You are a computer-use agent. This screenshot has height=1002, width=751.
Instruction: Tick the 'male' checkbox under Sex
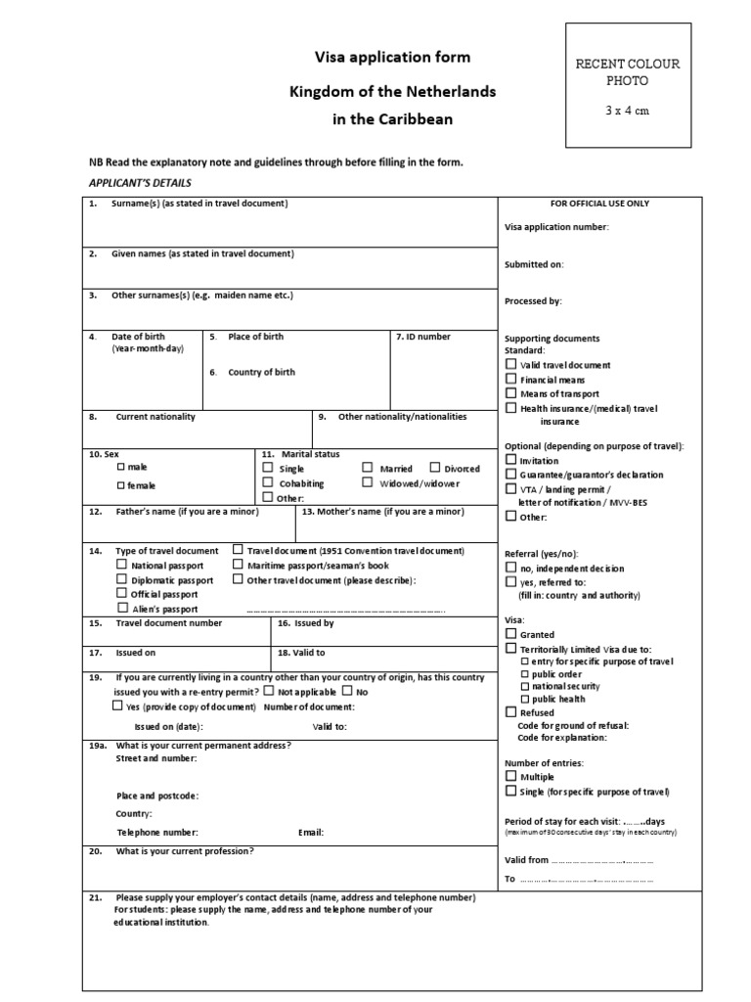(x=121, y=468)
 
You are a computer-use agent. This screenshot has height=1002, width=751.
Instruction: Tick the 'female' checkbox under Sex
(x=121, y=485)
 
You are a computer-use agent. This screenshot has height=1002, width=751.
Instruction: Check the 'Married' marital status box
(x=368, y=469)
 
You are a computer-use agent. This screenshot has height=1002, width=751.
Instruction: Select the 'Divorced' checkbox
(x=435, y=469)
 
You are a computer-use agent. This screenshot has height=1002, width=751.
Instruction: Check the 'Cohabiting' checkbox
(x=268, y=482)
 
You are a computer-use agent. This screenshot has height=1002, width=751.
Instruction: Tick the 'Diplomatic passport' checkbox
(x=121, y=579)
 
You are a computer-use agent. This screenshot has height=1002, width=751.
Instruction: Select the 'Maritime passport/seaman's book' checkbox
(x=239, y=565)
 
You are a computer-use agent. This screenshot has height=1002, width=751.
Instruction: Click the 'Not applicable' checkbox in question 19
(x=269, y=691)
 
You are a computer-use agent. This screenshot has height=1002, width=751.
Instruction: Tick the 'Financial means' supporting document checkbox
(x=510, y=379)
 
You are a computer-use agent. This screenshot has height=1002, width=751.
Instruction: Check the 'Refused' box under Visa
(x=510, y=712)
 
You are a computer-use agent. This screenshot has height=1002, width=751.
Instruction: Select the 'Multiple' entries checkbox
(x=510, y=776)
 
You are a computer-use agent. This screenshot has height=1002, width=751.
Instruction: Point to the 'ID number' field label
(x=424, y=337)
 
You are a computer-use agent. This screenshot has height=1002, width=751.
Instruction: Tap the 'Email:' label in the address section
(x=311, y=833)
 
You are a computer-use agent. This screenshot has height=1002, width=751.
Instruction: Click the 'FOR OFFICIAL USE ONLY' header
(x=599, y=204)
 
